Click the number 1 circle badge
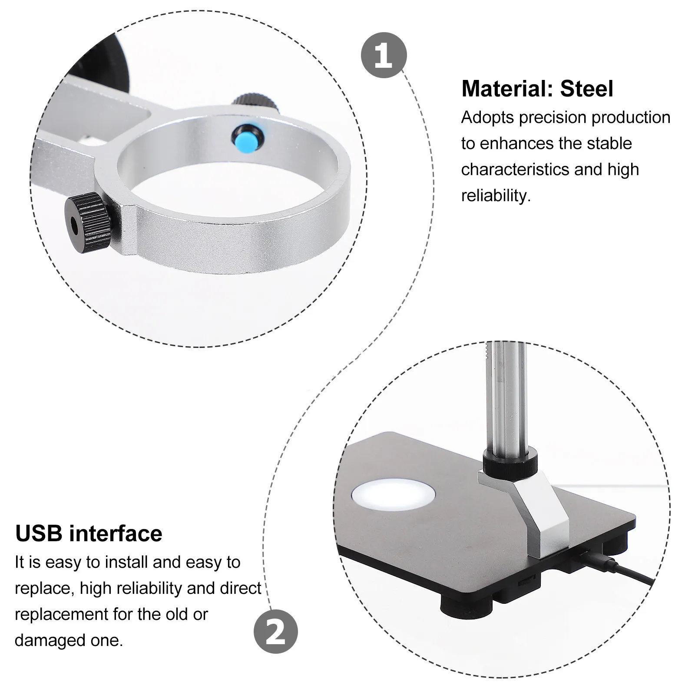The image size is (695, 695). [x=384, y=55]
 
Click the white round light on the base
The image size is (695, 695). [x=393, y=496]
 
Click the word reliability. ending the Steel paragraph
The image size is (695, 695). [x=496, y=196]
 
